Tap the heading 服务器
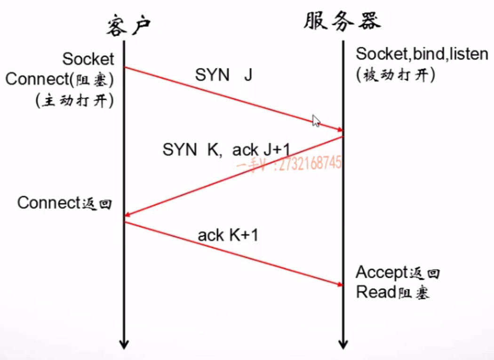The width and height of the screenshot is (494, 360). [x=342, y=21]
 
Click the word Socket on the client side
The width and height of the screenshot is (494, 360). [x=88, y=59]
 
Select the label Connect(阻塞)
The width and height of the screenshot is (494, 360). [x=60, y=79]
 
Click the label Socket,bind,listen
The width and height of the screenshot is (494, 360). [x=422, y=54]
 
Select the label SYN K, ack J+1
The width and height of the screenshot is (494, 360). [x=226, y=150]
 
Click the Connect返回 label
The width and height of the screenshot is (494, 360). [x=65, y=203]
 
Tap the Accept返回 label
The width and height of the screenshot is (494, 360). [x=398, y=272]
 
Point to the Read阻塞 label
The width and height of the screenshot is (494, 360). [x=393, y=293]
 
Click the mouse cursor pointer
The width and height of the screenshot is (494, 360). [x=316, y=121]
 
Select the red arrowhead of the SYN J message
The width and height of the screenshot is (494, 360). [x=339, y=129]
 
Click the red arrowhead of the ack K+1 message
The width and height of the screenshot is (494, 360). [x=339, y=284]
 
